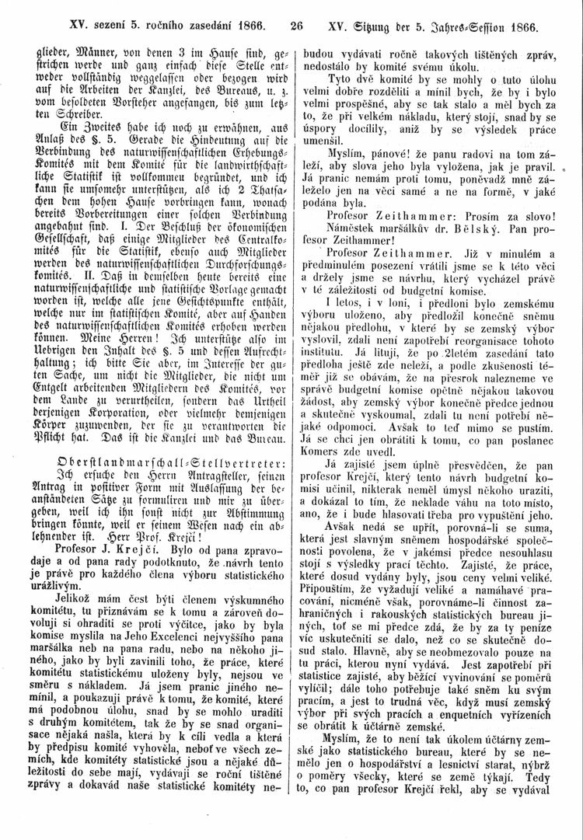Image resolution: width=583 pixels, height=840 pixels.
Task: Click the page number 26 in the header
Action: pyautogui.click(x=295, y=26)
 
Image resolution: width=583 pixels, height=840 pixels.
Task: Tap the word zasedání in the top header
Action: pyautogui.click(x=204, y=26)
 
